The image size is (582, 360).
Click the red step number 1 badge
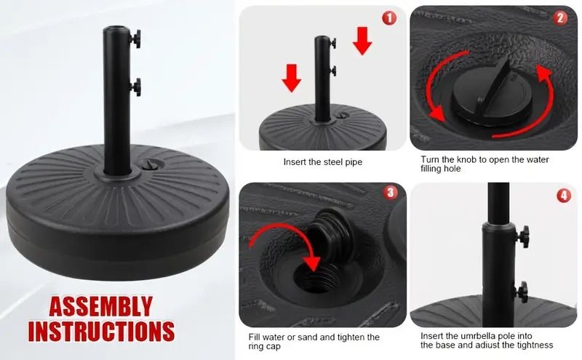coord(389,17)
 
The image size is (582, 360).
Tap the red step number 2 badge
coord(559,17)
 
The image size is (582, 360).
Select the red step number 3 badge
coord(391,192)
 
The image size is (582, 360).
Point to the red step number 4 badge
coord(564,195)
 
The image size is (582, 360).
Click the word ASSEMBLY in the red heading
coord(100,307)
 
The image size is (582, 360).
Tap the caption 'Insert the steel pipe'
coord(322,162)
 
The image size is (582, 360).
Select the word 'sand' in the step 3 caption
coord(310,337)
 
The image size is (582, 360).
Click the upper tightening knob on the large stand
coord(135,39)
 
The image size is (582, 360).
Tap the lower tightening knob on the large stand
coord(135,87)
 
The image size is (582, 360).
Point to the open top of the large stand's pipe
coord(116,28)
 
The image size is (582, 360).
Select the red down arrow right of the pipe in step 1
coord(362,41)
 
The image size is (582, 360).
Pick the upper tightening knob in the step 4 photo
coord(523,236)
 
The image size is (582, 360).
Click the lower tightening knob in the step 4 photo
coord(522,292)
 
